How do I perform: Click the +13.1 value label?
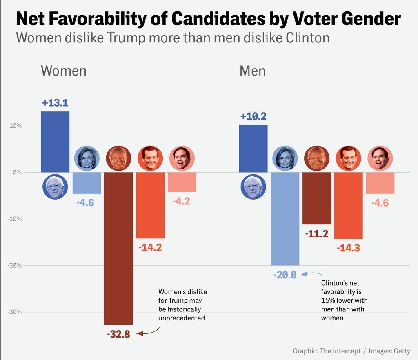coord(55,103)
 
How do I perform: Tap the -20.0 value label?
coord(285,275)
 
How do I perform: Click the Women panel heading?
coord(63,71)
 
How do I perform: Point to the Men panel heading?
coord(252,71)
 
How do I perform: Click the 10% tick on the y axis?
coord(16,126)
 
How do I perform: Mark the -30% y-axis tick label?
coord(15,312)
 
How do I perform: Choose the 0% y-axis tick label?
coord(17,172)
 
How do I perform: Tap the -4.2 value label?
coord(181,201)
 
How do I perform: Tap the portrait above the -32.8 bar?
coord(118,158)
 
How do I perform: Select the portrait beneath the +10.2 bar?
coord(253,187)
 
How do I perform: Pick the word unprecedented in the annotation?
coord(181,318)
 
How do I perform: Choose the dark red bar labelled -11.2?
coord(316,198)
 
